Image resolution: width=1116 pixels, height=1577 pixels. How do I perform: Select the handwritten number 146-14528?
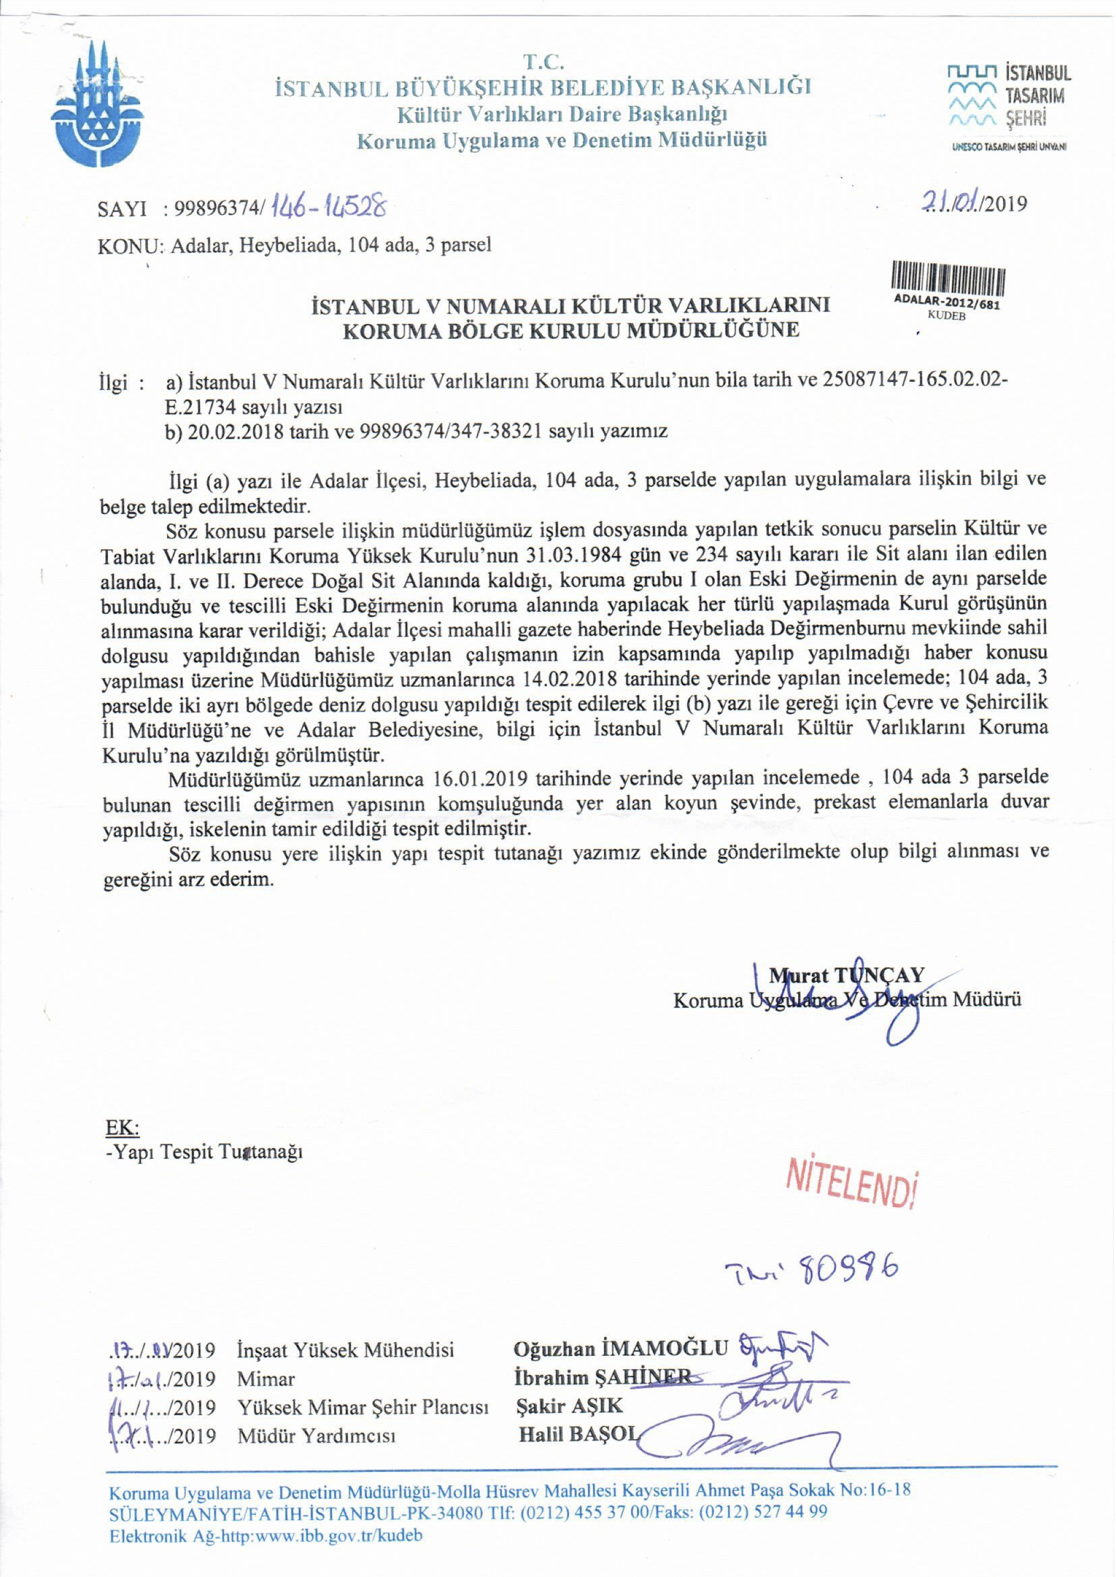328,205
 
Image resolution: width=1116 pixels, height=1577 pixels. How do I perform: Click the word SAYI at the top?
122,208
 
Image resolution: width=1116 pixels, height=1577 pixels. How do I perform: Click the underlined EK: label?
122,1127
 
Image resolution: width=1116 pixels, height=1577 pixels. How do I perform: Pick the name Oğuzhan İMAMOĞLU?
620,1349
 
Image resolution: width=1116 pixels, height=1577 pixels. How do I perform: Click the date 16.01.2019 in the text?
481,779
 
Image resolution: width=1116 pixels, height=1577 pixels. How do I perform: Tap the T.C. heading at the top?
544,62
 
